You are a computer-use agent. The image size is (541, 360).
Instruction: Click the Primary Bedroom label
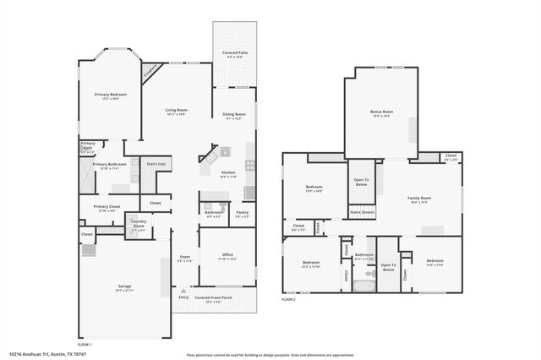point(110,95)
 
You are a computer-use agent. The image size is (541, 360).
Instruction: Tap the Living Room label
point(176,110)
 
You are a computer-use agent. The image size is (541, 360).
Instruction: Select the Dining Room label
point(234,114)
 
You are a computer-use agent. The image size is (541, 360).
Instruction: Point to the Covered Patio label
point(235,52)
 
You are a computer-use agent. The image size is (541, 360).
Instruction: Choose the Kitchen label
point(228,172)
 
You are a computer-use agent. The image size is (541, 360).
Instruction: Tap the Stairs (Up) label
point(156,164)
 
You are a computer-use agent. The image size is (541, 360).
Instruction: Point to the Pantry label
point(242,212)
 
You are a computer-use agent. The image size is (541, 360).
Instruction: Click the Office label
point(227,254)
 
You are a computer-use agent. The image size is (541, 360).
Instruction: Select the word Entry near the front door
point(183,297)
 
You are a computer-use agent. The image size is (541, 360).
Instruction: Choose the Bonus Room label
point(381,112)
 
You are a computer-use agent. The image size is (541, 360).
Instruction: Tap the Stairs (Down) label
point(362,212)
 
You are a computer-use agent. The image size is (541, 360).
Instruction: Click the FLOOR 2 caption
point(289,300)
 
